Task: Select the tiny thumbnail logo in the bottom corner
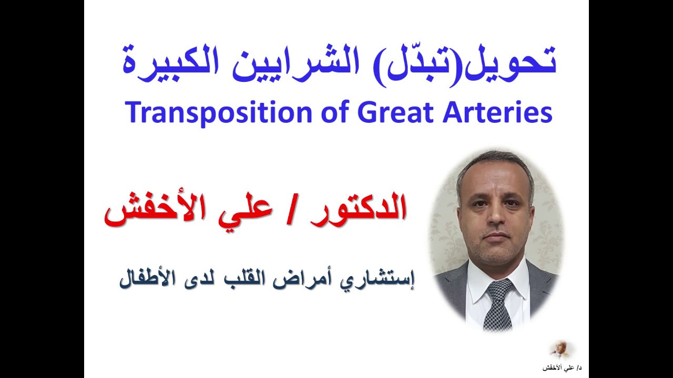(559, 349)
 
